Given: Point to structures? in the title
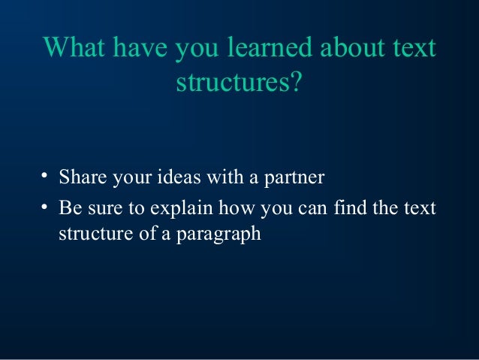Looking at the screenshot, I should pyautogui.click(x=239, y=83).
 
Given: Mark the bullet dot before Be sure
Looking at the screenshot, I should pyautogui.click(x=45, y=206).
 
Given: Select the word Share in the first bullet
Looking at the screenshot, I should pyautogui.click(x=81, y=179).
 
